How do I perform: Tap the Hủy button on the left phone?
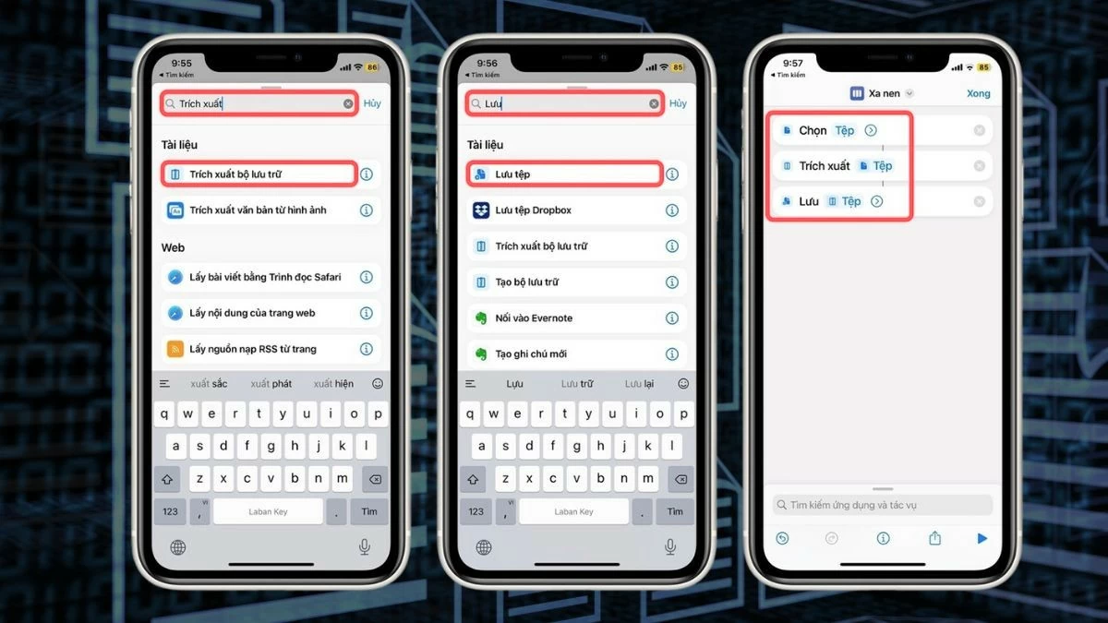pos(372,103)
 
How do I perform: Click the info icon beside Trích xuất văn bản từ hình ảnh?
pos(367,210)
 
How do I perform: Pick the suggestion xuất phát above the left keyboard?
pos(271,383)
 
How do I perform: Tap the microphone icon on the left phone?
pos(364,547)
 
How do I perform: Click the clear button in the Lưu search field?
pos(654,104)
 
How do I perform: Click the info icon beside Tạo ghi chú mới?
pos(672,353)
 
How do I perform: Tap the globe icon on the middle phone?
pos(484,547)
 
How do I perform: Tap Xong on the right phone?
pos(978,93)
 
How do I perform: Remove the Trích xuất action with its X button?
pos(980,166)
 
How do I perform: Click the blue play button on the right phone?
pos(982,538)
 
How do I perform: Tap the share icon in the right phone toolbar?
pos(934,538)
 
